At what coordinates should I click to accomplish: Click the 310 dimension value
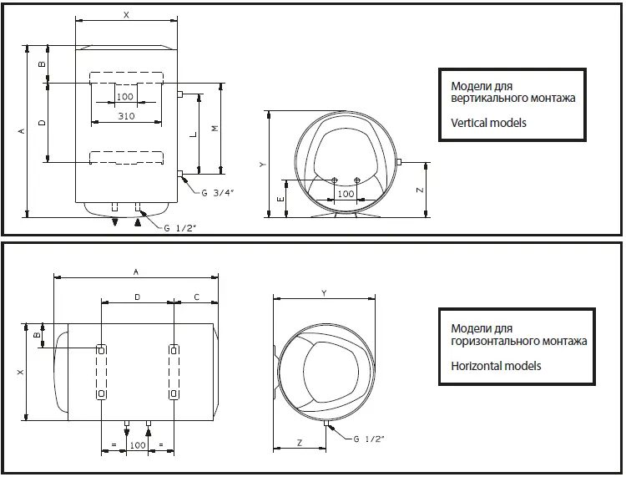tap(126, 115)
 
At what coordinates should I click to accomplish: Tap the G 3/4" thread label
tap(218, 194)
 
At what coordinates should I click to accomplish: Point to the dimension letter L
tap(194, 134)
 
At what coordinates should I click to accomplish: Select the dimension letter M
tap(215, 129)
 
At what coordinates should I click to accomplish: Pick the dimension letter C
tap(196, 297)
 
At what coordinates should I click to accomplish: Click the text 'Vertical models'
tap(488, 123)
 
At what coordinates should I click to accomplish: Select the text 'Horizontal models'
tap(496, 366)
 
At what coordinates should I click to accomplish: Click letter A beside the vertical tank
tap(20, 130)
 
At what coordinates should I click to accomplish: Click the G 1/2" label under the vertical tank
tap(181, 227)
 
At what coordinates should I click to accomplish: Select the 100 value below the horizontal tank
tap(138, 446)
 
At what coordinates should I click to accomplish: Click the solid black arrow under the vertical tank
tap(138, 222)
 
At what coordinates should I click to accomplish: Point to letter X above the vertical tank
tap(126, 15)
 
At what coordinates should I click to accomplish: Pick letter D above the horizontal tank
tap(137, 297)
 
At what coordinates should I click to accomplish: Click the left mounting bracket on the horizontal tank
tap(101, 370)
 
